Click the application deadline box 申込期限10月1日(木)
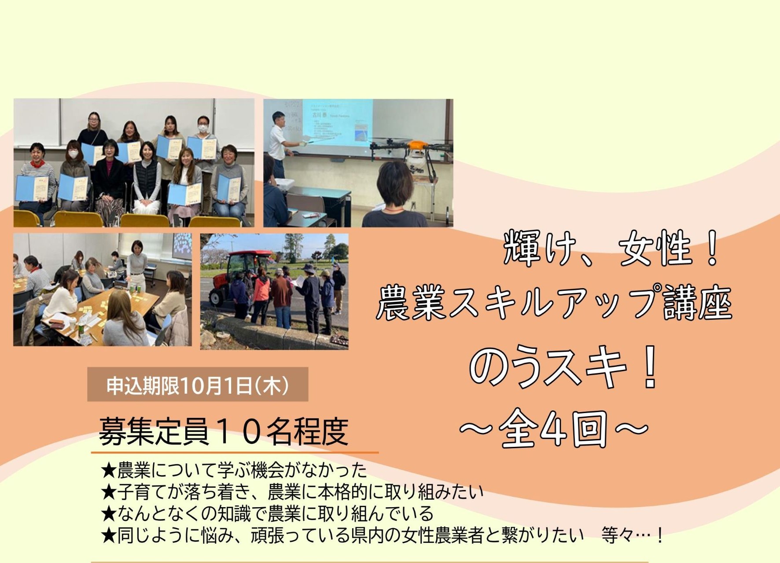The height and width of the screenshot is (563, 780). point(198,384)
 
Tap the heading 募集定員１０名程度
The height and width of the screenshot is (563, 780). point(224,431)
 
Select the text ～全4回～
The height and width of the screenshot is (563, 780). point(554,428)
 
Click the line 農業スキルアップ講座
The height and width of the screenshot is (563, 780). point(554,303)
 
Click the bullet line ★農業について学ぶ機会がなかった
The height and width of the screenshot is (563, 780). point(234,470)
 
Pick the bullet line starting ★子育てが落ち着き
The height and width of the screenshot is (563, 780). point(292,492)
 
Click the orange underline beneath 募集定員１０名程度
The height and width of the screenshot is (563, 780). point(235,452)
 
